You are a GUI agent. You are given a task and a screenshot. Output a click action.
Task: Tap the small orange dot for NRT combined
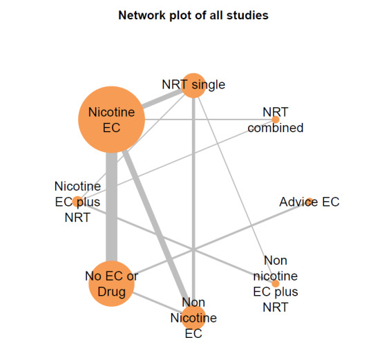(x=276, y=119)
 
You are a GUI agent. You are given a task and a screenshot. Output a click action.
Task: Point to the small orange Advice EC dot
(x=309, y=202)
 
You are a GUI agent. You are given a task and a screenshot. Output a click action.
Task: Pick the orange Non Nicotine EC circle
(x=193, y=318)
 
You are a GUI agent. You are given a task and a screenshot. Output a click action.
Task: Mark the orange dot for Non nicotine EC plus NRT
(x=275, y=283)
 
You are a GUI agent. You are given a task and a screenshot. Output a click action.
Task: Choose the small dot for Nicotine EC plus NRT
(x=77, y=202)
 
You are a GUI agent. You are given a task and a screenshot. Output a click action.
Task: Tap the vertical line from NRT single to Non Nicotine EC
(x=193, y=207)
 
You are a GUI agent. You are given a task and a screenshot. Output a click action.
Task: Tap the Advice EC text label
(x=309, y=202)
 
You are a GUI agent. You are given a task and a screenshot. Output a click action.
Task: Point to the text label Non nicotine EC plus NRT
(x=276, y=283)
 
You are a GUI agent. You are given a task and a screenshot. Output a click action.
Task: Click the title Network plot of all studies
(x=191, y=14)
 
